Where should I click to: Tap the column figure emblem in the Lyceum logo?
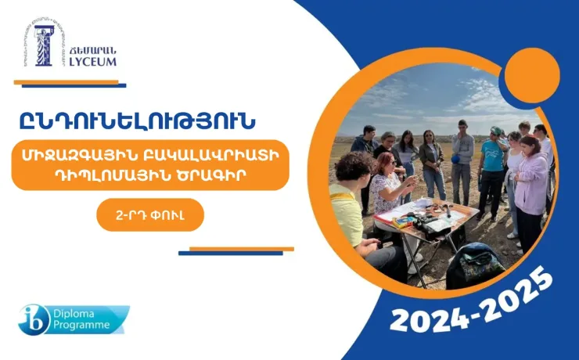point(42,45)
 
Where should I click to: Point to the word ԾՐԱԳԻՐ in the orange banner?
point(218,175)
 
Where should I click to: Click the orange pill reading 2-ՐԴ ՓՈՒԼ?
point(150,214)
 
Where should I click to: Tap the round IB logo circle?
point(34,319)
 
